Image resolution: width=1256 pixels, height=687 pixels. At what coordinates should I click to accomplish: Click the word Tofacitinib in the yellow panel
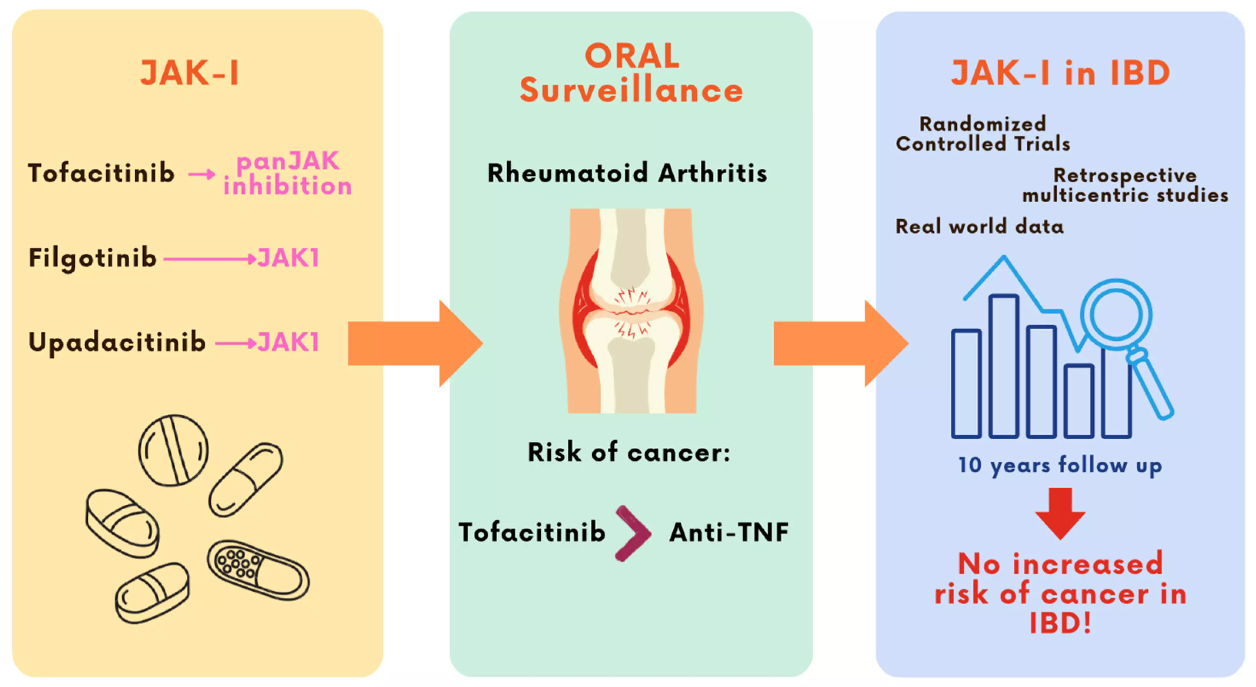[x=102, y=173]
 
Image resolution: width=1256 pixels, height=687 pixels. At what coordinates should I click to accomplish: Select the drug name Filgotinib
[x=93, y=258]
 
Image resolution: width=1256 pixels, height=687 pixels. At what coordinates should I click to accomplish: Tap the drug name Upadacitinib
[x=117, y=342]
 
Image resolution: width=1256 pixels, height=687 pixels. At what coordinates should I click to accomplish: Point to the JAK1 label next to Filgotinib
[x=288, y=258]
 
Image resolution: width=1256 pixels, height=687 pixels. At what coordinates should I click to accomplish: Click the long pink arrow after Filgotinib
[x=210, y=258]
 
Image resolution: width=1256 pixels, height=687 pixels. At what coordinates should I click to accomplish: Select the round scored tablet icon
[x=173, y=450]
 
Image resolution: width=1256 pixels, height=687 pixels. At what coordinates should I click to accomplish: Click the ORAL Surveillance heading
[x=631, y=73]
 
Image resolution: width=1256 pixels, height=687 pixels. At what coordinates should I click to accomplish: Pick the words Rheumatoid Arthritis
[x=628, y=173]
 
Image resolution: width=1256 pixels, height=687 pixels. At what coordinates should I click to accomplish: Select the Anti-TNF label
[x=729, y=532]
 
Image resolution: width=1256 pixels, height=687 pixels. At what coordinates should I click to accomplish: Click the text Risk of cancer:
[x=629, y=452]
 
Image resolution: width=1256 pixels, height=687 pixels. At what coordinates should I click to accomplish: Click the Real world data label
[x=979, y=226]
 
